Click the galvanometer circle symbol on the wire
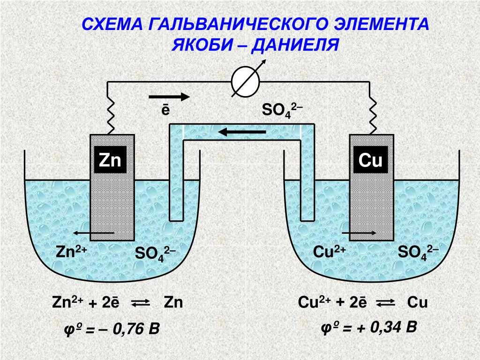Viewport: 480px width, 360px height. pos(245,82)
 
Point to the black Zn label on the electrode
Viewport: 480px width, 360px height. pos(110,160)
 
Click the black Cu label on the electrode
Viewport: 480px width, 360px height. pos(370,160)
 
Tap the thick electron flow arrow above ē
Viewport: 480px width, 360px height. pos(169,97)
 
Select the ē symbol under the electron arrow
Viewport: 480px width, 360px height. pos(165,110)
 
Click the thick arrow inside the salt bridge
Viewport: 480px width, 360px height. pos(242,132)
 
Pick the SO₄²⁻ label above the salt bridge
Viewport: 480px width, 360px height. pos(282,110)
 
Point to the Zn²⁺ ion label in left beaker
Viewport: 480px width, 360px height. pos(72,252)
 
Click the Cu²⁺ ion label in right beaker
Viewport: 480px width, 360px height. pos(330,252)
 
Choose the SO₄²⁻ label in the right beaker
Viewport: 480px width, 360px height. pos(418,253)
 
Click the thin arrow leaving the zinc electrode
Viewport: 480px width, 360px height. pos(93,233)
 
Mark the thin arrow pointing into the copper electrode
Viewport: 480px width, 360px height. pos(359,233)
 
